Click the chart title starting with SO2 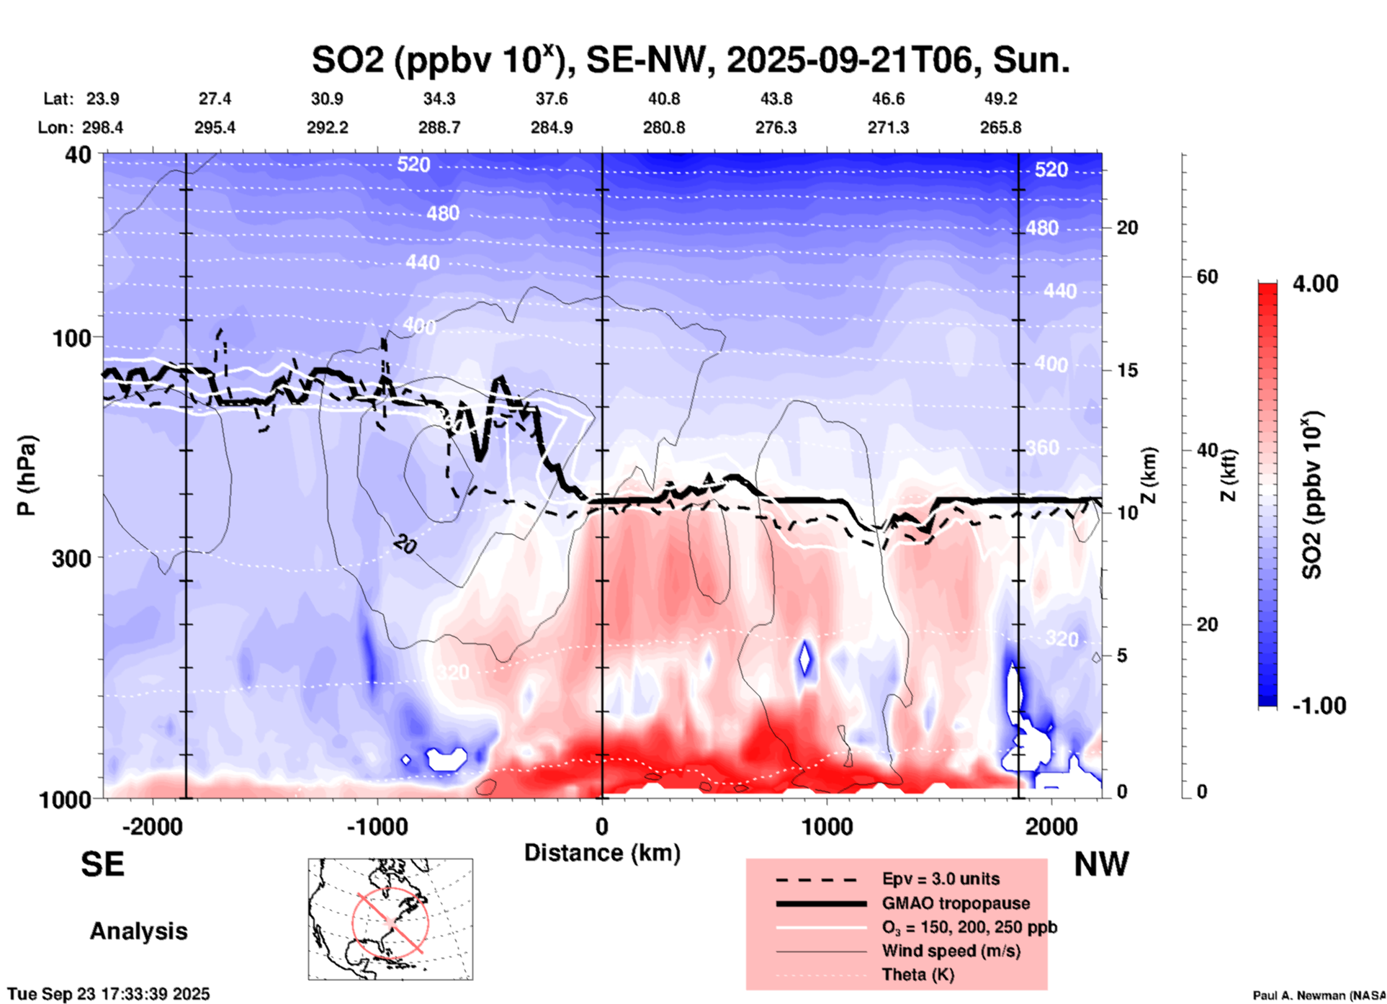[x=690, y=60]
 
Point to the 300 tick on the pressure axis [x=71, y=557]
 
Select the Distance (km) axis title [x=602, y=853]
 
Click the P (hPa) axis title [x=27, y=475]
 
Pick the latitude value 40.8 [x=663, y=99]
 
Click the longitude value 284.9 [x=552, y=127]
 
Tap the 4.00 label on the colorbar [x=1315, y=284]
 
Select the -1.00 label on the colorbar [x=1319, y=706]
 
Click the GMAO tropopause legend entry [x=956, y=903]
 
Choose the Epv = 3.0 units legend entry [x=941, y=879]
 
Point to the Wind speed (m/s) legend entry [x=951, y=951]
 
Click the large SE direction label [x=102, y=864]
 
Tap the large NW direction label [x=1101, y=864]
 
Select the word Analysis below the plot [x=138, y=931]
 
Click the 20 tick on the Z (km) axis [x=1126, y=228]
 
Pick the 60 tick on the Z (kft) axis [x=1207, y=277]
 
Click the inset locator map [x=390, y=919]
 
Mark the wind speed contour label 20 [x=405, y=546]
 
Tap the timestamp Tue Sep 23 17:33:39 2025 [x=109, y=994]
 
